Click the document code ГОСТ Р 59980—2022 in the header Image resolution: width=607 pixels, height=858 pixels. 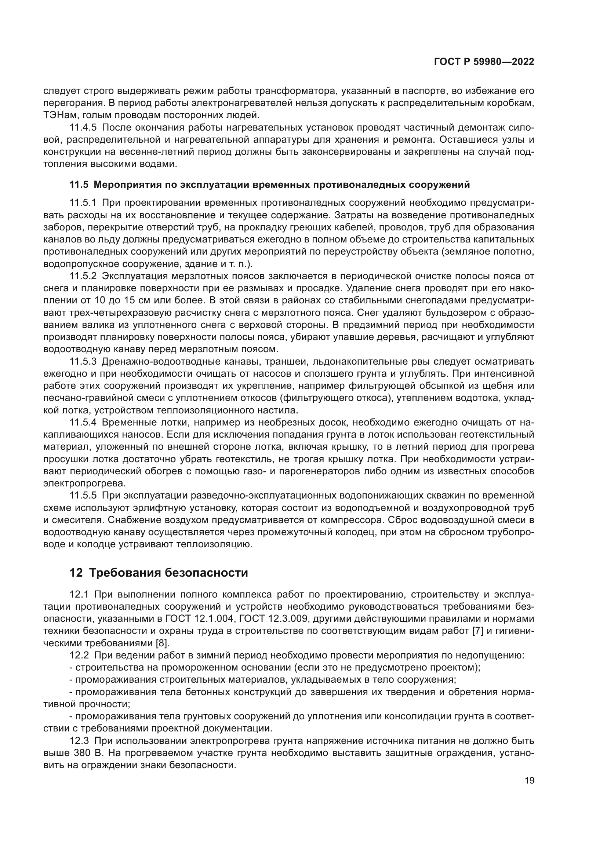(484, 62)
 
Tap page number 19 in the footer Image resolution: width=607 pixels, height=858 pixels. (529, 781)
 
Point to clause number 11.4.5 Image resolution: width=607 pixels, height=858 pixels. (83, 127)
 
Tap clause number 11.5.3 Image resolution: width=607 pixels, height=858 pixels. (83, 362)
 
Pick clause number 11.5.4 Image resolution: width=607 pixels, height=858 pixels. (83, 423)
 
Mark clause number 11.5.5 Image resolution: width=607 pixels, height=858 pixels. (83, 496)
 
